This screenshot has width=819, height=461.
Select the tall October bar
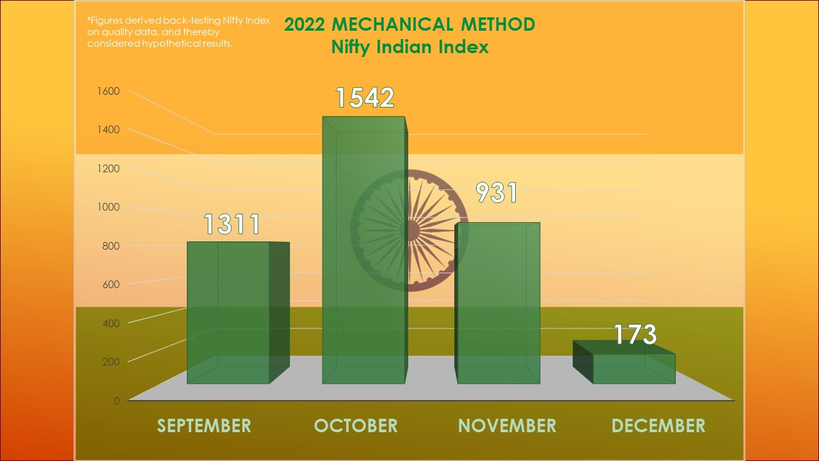(363, 250)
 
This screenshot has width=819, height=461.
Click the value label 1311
(232, 225)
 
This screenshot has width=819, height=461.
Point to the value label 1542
(365, 97)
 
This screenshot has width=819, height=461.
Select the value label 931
(496, 193)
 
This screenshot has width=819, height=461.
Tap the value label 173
(635, 334)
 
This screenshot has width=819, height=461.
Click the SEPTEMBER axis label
(204, 426)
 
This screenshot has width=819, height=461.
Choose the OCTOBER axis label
(356, 426)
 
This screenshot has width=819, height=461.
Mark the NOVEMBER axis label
(507, 426)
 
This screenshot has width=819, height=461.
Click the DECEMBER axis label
(658, 426)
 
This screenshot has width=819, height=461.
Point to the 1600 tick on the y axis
(108, 91)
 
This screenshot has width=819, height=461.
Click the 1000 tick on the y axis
(108, 207)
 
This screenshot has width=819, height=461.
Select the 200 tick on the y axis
(111, 362)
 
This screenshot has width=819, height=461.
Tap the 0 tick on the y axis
(116, 401)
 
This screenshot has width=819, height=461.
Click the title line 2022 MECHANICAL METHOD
(409, 24)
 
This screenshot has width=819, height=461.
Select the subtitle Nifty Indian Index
(409, 47)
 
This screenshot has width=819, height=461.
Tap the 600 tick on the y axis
(111, 284)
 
